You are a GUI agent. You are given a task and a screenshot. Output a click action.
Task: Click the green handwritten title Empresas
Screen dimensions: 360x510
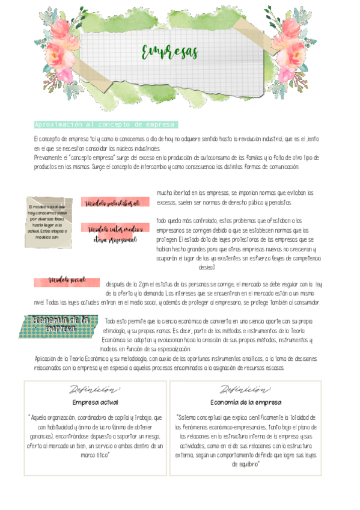[x=169, y=52]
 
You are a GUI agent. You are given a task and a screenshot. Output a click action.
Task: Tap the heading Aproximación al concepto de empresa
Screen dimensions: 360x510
[x=106, y=124]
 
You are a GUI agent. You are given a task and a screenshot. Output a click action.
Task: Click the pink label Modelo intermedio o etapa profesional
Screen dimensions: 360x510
[x=115, y=234]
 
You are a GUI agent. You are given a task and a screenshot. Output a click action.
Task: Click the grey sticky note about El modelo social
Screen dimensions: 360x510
[x=49, y=223]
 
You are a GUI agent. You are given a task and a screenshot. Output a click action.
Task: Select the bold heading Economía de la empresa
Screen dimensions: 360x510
[x=245, y=402]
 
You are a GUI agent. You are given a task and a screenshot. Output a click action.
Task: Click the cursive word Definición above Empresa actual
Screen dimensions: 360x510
[x=95, y=390]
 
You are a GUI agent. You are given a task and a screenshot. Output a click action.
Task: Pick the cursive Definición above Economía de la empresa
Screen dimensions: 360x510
[x=245, y=390]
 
